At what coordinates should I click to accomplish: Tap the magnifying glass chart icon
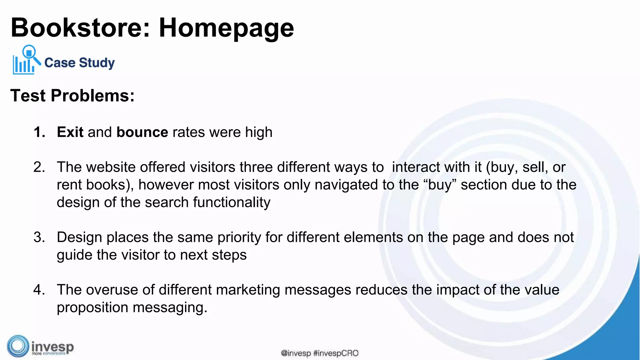point(26,60)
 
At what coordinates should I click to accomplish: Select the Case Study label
point(79,62)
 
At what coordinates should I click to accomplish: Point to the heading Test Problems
point(72,95)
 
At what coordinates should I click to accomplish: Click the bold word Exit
point(70,132)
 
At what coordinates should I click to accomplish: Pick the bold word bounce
point(142,132)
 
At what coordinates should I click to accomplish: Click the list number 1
point(39,132)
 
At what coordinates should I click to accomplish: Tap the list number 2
point(39,167)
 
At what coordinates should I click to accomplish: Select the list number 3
point(39,237)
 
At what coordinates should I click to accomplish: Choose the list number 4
point(39,290)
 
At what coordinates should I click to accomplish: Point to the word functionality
point(232,202)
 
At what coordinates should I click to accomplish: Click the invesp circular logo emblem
point(18,346)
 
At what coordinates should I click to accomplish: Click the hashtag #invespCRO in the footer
point(336,353)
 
